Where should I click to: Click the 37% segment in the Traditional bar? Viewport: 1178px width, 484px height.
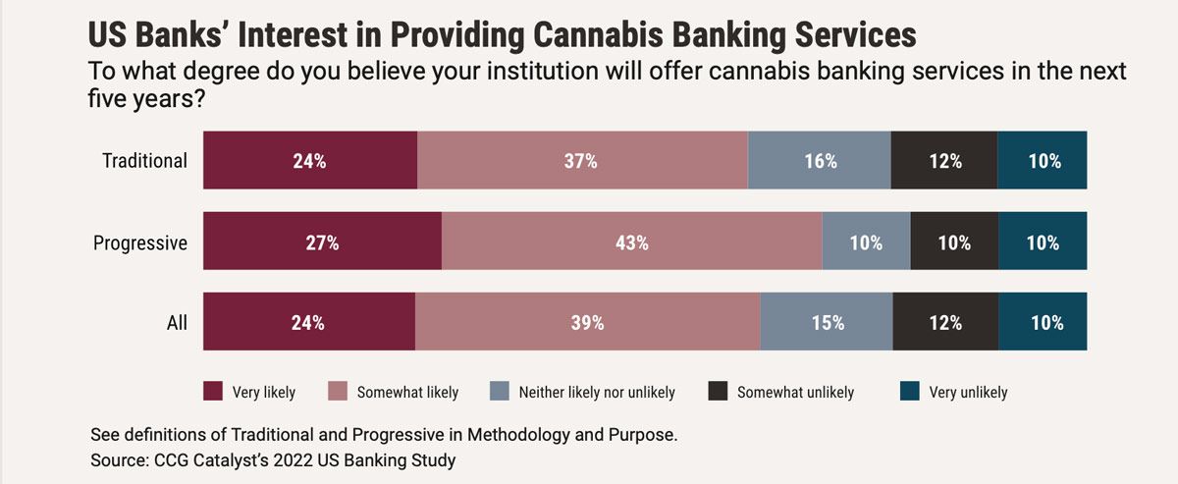click(581, 161)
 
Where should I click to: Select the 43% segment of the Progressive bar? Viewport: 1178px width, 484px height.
click(631, 242)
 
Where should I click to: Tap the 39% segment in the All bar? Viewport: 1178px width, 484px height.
click(587, 322)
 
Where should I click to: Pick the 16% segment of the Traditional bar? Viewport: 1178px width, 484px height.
click(819, 161)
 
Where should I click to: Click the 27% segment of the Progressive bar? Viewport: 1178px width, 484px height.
click(322, 242)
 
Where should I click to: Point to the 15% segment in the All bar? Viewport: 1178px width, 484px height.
click(826, 322)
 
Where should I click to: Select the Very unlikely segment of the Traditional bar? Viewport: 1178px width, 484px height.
click(1043, 161)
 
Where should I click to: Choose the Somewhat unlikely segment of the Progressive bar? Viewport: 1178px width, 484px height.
click(954, 242)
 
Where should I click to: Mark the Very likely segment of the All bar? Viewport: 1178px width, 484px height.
click(308, 322)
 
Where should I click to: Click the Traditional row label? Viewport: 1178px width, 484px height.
click(144, 161)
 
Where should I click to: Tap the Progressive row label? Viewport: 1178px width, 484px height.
click(139, 242)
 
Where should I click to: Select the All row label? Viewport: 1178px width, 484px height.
click(177, 322)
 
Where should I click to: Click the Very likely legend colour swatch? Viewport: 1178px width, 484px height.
click(213, 392)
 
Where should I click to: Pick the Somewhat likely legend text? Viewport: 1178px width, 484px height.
click(407, 393)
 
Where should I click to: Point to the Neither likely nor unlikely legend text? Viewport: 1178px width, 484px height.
click(597, 393)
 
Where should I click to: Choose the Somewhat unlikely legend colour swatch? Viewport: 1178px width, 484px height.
click(718, 392)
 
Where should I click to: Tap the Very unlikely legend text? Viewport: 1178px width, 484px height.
click(968, 393)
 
